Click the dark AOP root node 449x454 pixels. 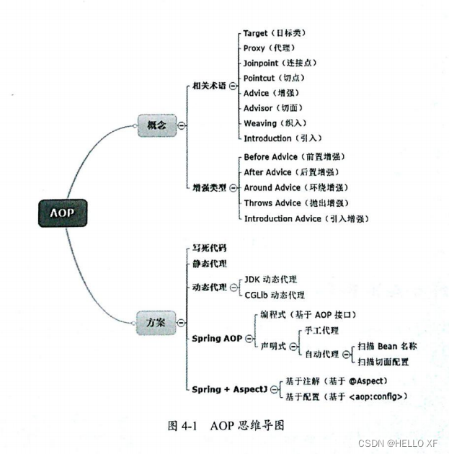[x=63, y=213]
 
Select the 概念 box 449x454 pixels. [x=156, y=125]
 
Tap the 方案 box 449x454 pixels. [x=156, y=321]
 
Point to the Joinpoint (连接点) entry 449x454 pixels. [x=283, y=63]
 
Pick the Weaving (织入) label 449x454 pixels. [x=277, y=123]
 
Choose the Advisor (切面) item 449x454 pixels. [x=277, y=108]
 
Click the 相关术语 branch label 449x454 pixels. [x=209, y=85]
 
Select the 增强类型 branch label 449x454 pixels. [x=209, y=187]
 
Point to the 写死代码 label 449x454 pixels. [x=209, y=248]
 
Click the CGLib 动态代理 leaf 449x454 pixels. [x=275, y=295]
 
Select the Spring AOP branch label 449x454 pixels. [x=217, y=338]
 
